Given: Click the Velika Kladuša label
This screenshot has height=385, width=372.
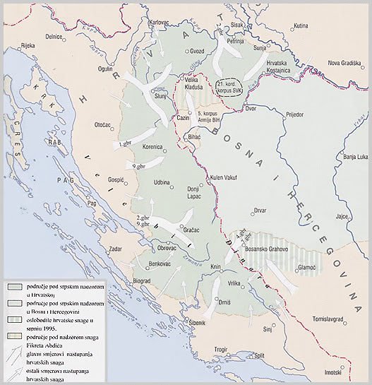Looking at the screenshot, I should click(x=195, y=83).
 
